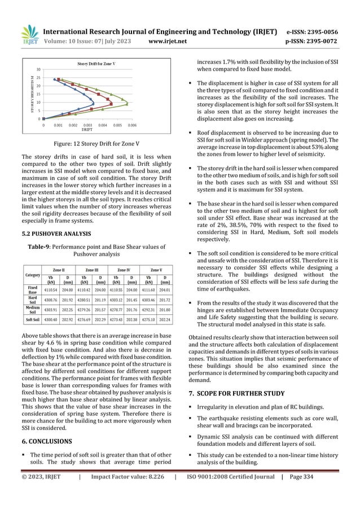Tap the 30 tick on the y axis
click(38, 69)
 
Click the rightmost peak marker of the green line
click(128, 104)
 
